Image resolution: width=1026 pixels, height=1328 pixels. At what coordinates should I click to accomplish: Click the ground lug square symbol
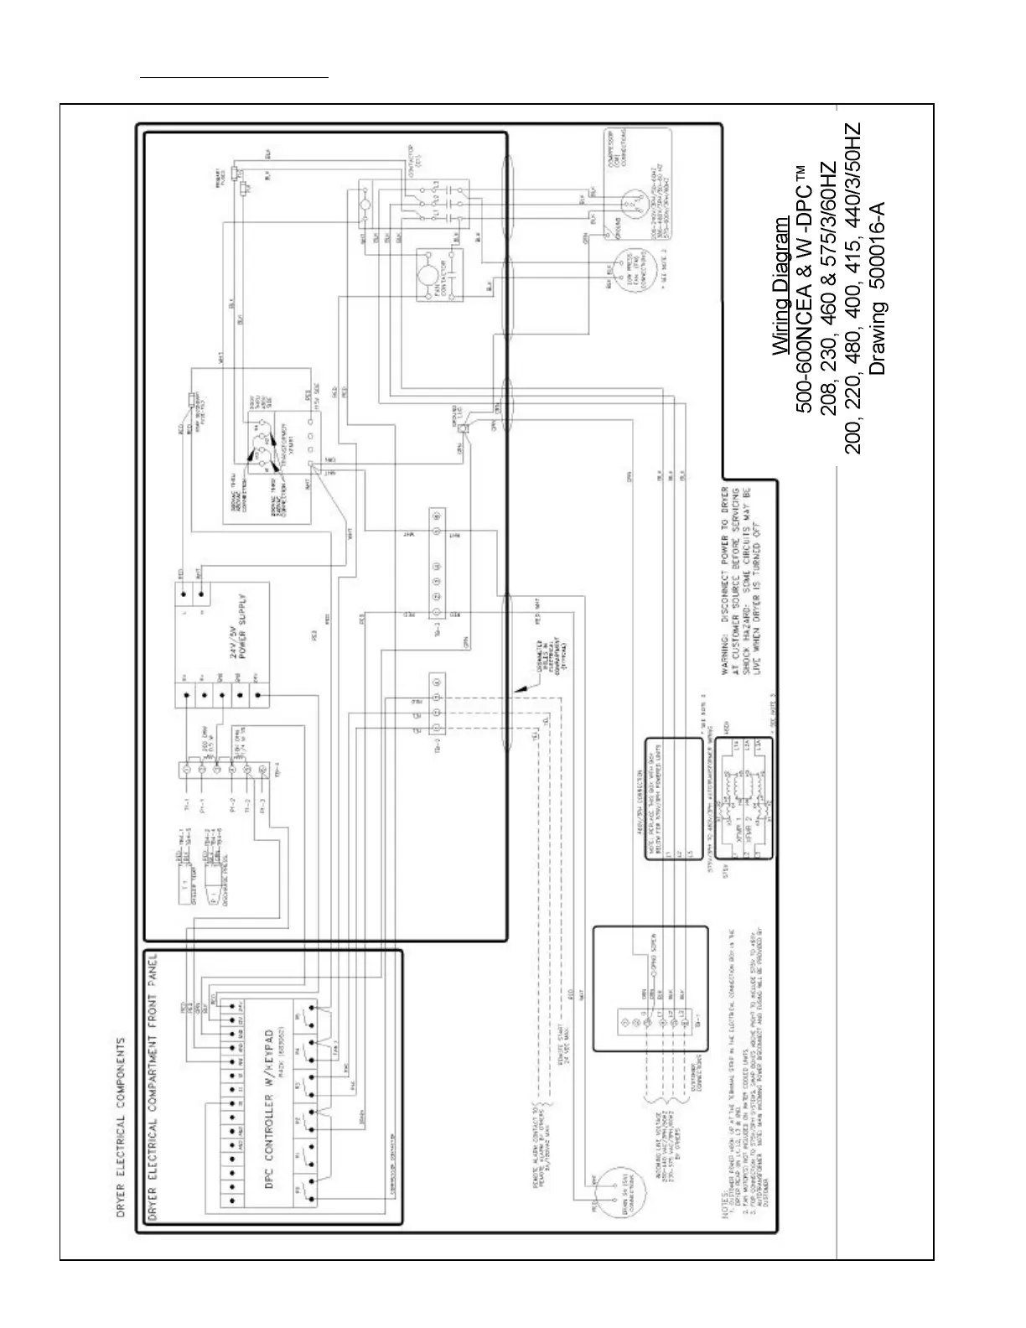point(462,416)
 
